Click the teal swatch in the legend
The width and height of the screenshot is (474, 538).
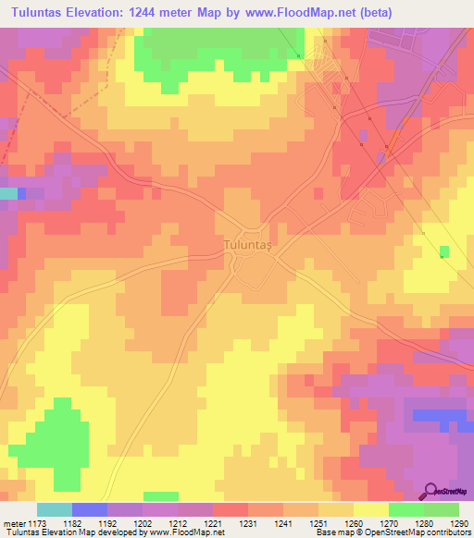click(x=55, y=509)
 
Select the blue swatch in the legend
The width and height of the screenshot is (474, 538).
click(x=90, y=509)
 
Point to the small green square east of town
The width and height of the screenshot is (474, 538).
click(x=444, y=251)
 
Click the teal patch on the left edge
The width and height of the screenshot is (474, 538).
click(x=8, y=193)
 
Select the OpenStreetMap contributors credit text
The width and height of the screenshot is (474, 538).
click(x=418, y=532)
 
